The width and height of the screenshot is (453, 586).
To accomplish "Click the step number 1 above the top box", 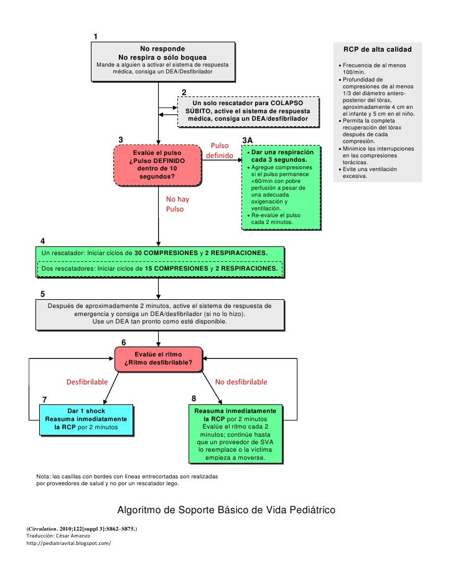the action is click(x=96, y=36).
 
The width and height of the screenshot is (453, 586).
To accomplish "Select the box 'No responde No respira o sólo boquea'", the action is click(x=163, y=62).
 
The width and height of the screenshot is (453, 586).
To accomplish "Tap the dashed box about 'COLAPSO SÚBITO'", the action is click(x=248, y=112).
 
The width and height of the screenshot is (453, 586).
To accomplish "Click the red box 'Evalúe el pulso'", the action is click(x=157, y=165).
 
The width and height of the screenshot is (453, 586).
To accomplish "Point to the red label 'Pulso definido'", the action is click(x=220, y=151).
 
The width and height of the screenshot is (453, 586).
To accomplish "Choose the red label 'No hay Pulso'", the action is click(x=177, y=204).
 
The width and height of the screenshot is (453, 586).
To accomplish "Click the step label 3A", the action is click(x=248, y=140).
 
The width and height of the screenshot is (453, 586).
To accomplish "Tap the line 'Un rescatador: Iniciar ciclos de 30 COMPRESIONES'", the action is click(x=154, y=253).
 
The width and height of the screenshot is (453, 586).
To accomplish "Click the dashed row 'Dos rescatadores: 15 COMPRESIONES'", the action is click(x=159, y=268).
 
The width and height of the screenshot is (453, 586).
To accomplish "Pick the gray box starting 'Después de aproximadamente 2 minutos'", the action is click(x=160, y=315).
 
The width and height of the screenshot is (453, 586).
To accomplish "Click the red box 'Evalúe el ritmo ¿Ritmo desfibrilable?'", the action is click(x=159, y=359).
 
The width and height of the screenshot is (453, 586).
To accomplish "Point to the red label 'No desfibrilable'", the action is click(x=241, y=382).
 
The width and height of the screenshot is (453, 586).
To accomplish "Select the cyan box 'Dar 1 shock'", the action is click(x=86, y=420).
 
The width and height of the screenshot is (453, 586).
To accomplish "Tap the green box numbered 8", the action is click(x=236, y=434).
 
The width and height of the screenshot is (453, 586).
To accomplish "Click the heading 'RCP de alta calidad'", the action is click(x=378, y=49).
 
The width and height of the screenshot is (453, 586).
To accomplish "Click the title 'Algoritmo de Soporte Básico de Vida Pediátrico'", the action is click(x=226, y=509).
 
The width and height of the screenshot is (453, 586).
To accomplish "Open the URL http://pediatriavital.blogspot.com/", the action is click(x=68, y=543).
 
